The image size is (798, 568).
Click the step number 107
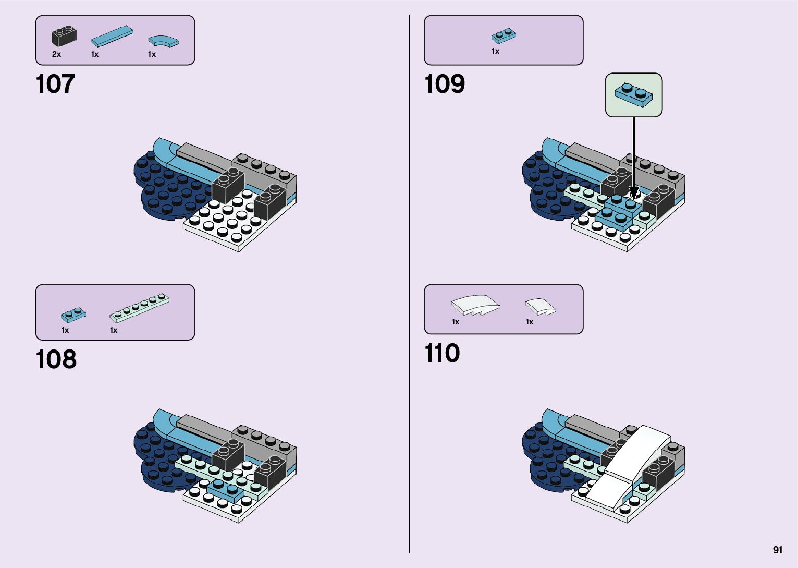(x=55, y=84)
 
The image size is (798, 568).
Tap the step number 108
(x=56, y=359)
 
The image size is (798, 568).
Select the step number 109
(x=444, y=84)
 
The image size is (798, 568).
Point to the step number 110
(x=442, y=353)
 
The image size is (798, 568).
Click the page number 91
(x=778, y=550)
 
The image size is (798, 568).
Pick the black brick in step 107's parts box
(x=64, y=37)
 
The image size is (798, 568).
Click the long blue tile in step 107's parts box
(x=112, y=36)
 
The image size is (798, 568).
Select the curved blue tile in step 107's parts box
(x=163, y=41)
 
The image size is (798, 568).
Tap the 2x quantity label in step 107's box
(x=56, y=54)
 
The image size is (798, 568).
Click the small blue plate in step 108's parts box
(x=73, y=315)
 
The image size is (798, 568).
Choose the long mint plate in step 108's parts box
(x=139, y=308)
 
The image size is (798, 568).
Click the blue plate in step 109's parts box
(x=504, y=35)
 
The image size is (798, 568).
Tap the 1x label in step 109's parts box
(x=495, y=51)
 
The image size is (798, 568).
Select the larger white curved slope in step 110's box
(x=474, y=305)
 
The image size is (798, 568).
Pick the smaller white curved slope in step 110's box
(x=540, y=306)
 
